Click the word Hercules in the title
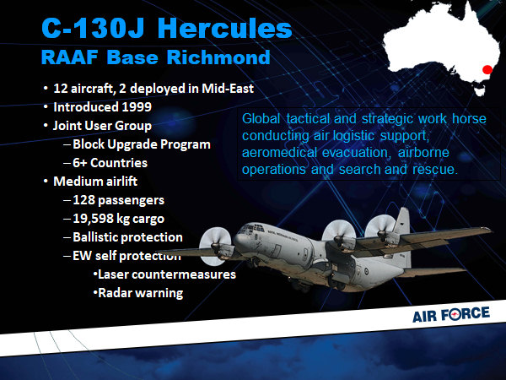coord(224,28)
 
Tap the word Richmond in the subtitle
coord(218,57)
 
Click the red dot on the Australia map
coord(487,69)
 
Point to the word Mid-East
coord(228,88)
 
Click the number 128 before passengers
coord(83,200)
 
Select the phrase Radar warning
coord(140,293)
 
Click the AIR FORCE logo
coord(451,314)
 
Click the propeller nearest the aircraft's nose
coord(215,246)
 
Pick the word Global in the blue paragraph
coord(261,118)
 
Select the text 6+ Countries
coord(110,163)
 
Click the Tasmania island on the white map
coord(480,91)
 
